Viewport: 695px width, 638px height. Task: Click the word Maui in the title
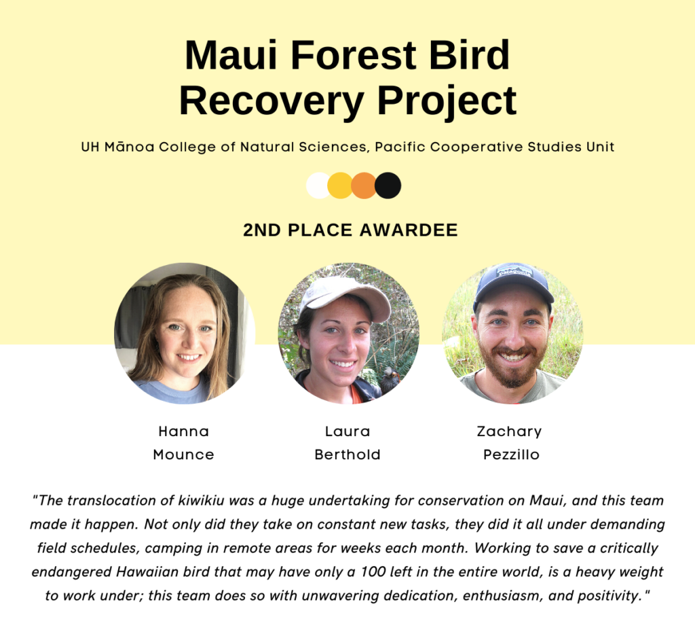coord(231,55)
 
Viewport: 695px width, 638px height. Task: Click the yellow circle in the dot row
coord(340,185)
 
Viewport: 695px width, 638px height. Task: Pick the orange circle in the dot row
coord(364,185)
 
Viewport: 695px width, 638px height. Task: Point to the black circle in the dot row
coord(388,185)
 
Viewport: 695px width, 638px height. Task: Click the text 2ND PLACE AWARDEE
coord(350,230)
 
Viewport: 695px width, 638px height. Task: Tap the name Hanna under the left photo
coord(183,431)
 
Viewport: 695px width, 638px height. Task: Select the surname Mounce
coord(183,455)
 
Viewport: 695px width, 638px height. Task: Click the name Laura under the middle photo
coord(347,431)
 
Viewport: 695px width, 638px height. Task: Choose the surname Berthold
coord(347,455)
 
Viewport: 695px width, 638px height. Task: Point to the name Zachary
coord(509,431)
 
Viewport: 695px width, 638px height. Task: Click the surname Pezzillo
coord(511,455)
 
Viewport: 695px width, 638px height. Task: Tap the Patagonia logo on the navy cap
coord(514,271)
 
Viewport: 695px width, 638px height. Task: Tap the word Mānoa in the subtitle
coord(130,147)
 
